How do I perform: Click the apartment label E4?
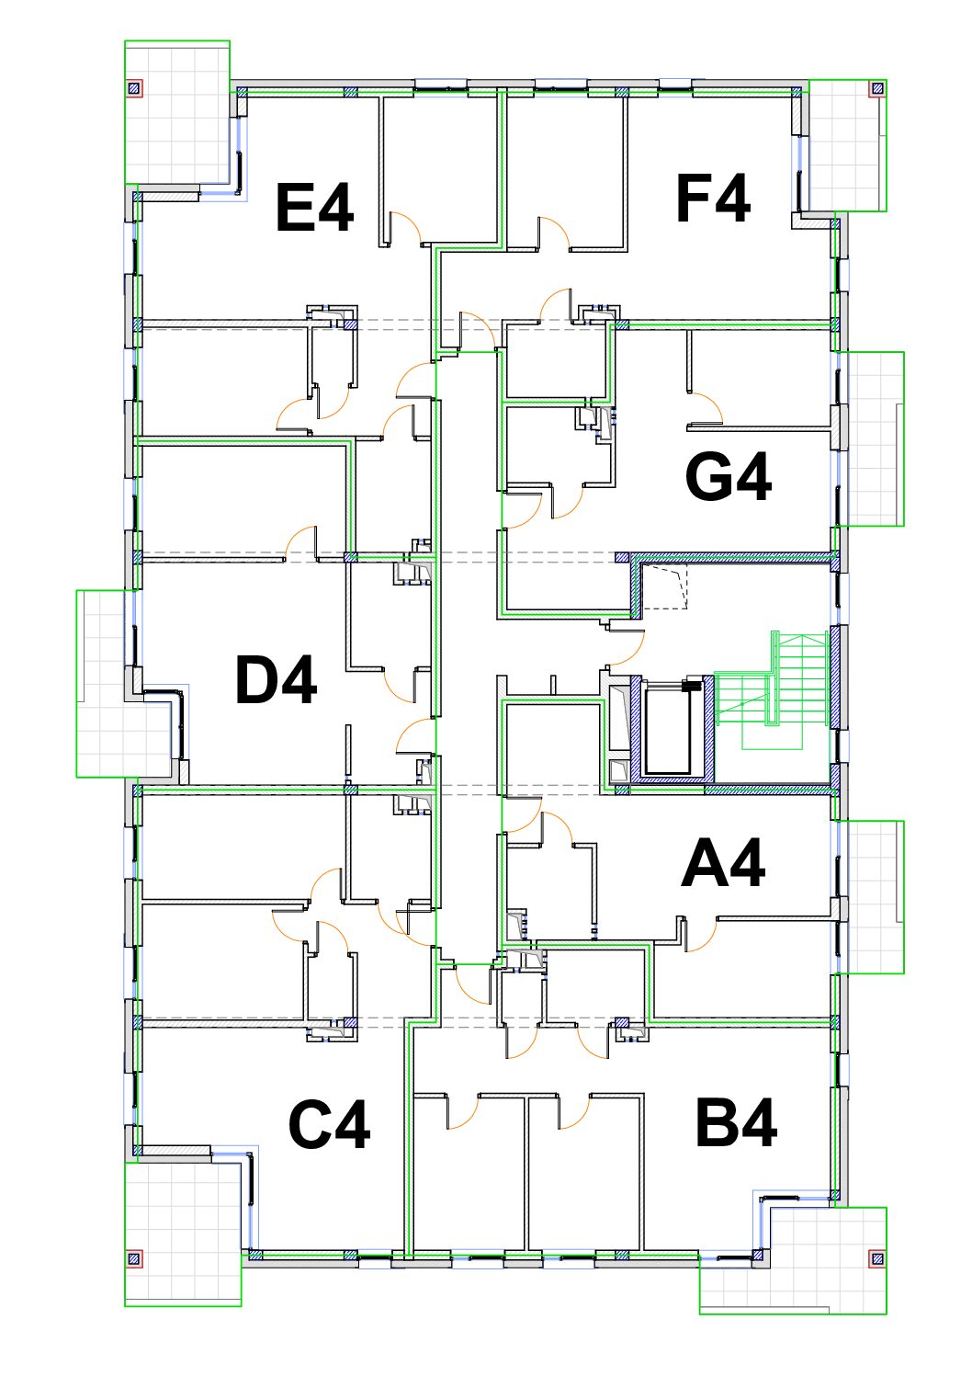pos(314,209)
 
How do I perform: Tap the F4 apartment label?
pos(713,199)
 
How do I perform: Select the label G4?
pos(729,477)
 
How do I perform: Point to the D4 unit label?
pos(276,681)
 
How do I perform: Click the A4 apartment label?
pos(723,865)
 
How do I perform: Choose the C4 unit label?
pos(329,1125)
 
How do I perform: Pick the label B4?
pos(736,1123)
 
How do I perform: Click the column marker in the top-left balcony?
pos(134,88)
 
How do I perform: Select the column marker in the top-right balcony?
pos(877,89)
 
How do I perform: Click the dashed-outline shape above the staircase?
pos(664,588)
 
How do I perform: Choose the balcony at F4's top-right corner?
pos(847,145)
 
